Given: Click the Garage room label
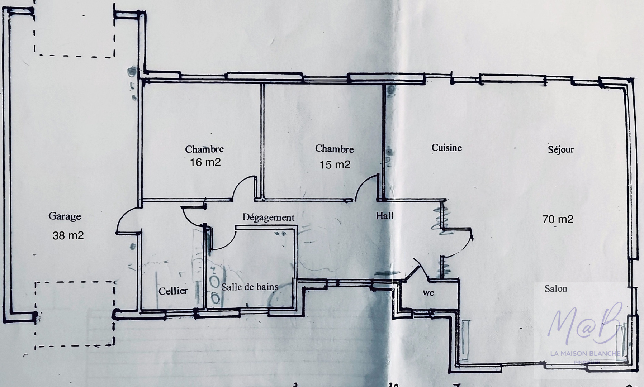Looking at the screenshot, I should pos(65,216).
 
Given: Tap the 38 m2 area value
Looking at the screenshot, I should pos(68,235).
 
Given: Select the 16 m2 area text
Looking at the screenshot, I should pos(205,162).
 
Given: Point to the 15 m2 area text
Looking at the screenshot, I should pos(335,164).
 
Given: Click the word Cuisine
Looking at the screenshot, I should pos(446,148).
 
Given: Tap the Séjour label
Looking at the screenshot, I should pos(560,149).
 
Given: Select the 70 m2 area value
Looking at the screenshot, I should pos(558,219).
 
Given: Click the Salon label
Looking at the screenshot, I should pos(555,288).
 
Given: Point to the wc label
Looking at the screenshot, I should pos(428,293).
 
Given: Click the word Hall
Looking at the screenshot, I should pos(384,216).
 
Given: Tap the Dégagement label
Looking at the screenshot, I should pos(268,217).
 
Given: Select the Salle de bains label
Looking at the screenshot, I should pos(250,287).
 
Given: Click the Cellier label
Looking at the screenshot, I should pos(173,291).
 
